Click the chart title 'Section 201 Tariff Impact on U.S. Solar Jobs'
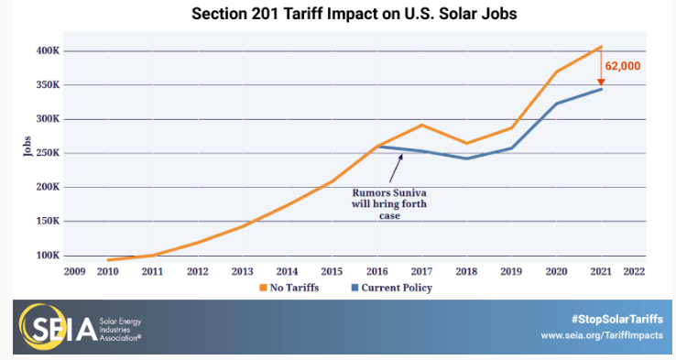pos(354,14)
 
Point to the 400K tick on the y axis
pos(48,51)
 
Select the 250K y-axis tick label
pos(48,153)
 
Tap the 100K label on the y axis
pos(48,256)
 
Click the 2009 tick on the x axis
pos(74,271)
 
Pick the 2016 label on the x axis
pos(377,271)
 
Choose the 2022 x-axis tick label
pos(634,271)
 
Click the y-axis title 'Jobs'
pos(27,147)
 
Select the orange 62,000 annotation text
pos(623,66)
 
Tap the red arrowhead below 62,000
pos(601,82)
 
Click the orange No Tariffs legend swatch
pos(263,288)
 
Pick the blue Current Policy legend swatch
pos(354,288)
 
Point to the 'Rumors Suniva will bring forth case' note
pos(389,204)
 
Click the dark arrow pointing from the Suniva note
pos(396,169)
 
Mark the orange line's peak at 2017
pos(421,125)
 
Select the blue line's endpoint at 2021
pos(601,89)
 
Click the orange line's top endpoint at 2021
pos(601,47)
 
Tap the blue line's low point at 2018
pos(466,158)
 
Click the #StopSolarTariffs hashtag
pos(617,320)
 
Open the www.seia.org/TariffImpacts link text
pos(602,335)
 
